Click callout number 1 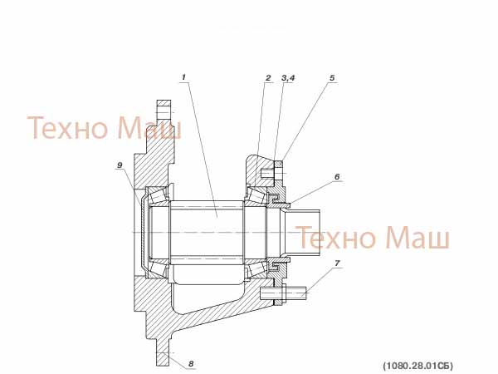(183, 77)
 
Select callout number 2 (268, 77)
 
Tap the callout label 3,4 (288, 77)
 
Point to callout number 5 (332, 77)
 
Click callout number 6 (337, 176)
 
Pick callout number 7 (337, 263)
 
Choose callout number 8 (191, 363)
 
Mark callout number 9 (120, 165)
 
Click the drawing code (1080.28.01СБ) (418, 366)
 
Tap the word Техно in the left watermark (68, 128)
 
